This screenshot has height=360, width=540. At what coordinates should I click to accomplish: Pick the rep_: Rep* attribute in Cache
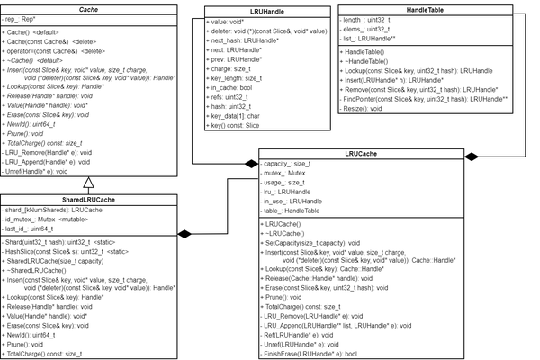pyautogui.click(x=22, y=19)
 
